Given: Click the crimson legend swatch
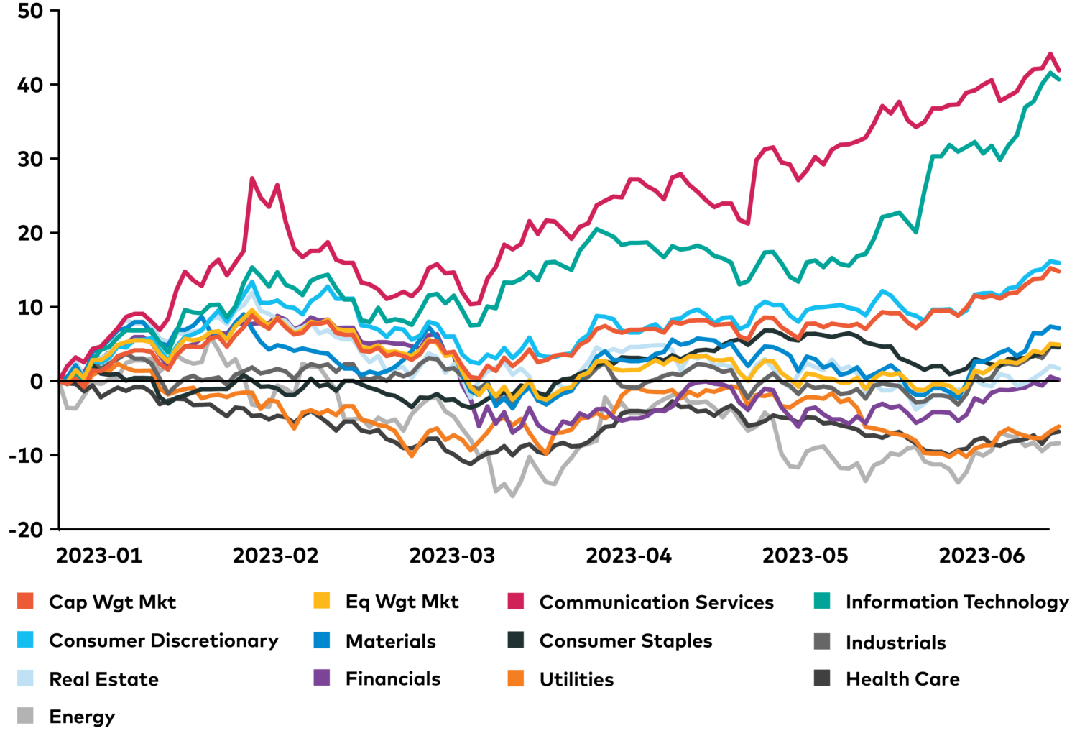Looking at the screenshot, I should point(515,601).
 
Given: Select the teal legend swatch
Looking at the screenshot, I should point(822,601).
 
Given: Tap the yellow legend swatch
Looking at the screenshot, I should point(322,601).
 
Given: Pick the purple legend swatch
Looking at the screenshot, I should point(322,678).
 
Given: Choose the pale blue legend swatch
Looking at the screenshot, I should point(25,678).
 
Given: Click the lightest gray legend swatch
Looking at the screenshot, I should point(25,716).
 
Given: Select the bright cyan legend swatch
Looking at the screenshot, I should point(25,640).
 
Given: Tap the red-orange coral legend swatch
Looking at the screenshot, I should point(25,601).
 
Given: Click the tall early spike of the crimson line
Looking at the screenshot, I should point(252,178).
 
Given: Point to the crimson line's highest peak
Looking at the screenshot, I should point(1050,53).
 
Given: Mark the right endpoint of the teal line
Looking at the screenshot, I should point(1059,78).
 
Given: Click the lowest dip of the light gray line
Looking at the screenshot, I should point(512,496).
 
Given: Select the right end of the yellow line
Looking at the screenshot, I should point(1059,346).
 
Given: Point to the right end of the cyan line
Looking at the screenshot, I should point(1059,262).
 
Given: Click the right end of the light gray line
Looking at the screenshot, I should point(1059,443).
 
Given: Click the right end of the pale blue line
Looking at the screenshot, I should point(1059,368).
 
